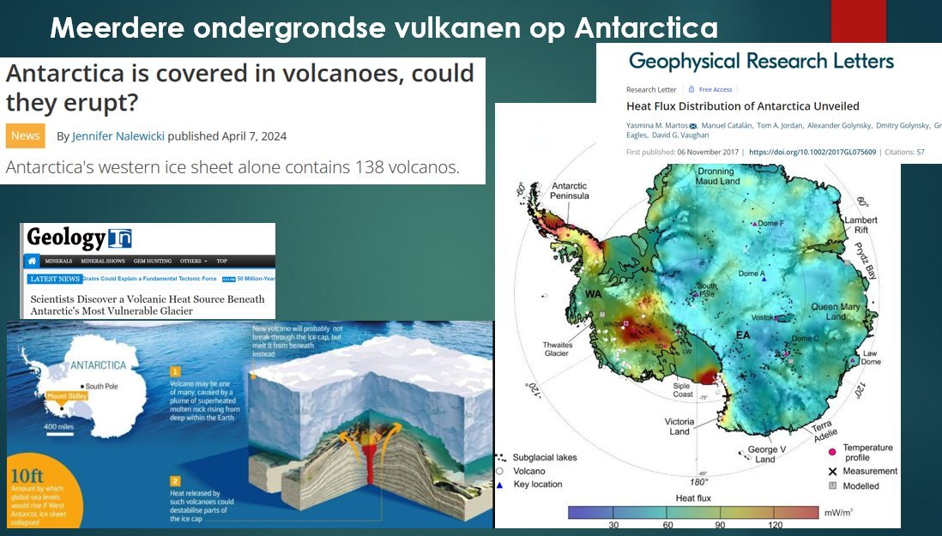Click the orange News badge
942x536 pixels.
coord(25,136)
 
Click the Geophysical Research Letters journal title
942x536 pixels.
coord(761,61)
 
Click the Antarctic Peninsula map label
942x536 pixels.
coord(571,190)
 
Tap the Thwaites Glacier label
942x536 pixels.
coord(558,351)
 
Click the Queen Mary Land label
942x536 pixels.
coord(837,311)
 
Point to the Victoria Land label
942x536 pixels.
coord(679,426)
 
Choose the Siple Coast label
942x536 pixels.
coord(682,390)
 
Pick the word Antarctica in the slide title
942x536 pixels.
coord(646,28)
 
